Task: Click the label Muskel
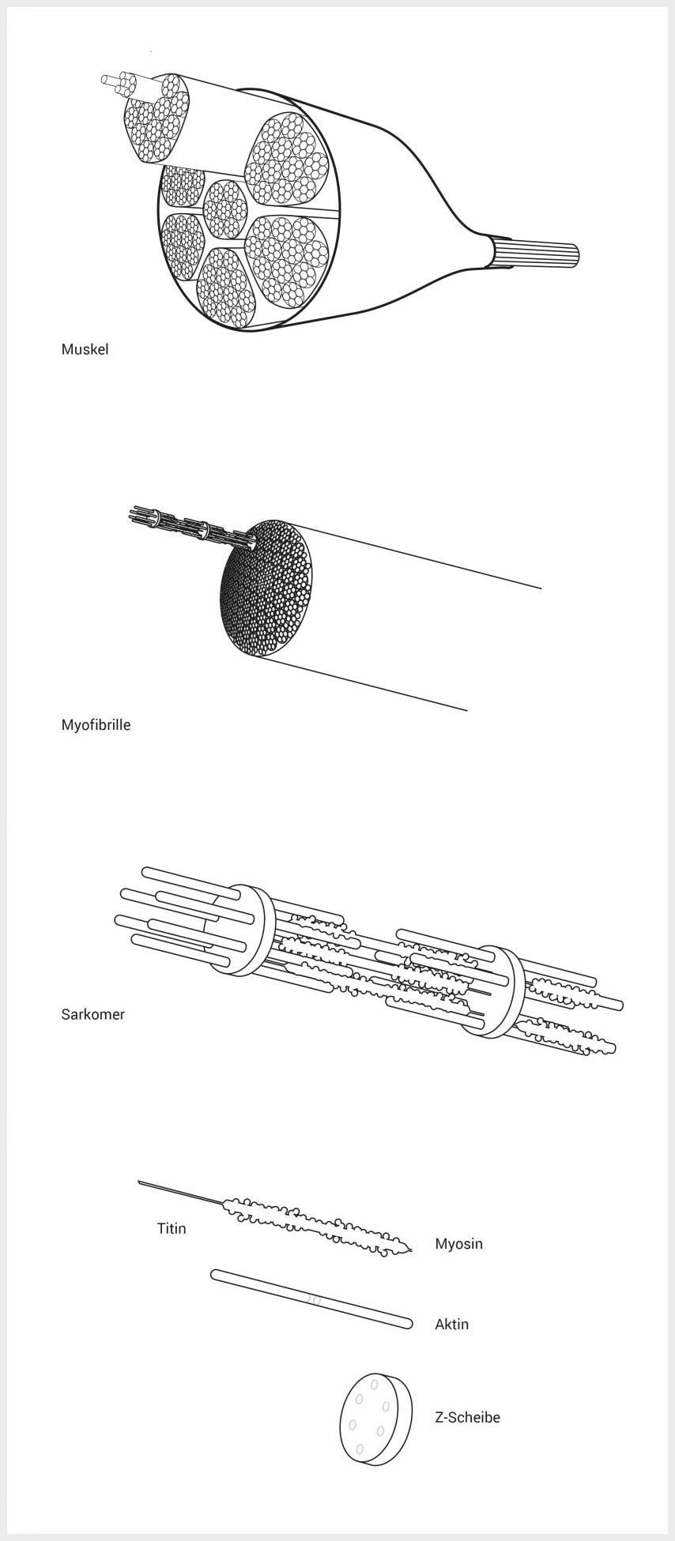click(85, 349)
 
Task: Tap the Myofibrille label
click(96, 724)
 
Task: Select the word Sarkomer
click(92, 1014)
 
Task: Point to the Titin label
click(172, 1228)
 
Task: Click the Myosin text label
click(458, 1244)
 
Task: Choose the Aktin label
click(451, 1324)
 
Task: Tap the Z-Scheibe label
click(467, 1417)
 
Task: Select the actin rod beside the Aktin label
click(311, 1299)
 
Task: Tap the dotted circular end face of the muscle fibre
click(266, 588)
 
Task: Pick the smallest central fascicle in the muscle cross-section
click(226, 210)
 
